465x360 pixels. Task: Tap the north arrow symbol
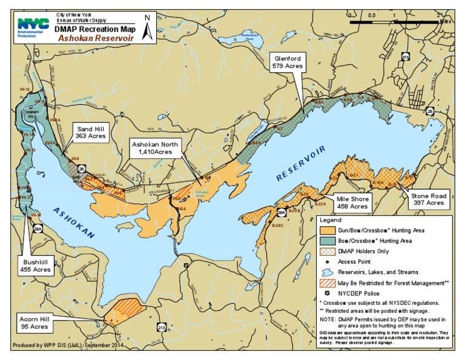(147, 28)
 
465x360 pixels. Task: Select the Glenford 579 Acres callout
(288, 61)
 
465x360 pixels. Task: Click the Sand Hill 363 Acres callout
(91, 133)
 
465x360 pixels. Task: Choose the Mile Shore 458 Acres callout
(352, 202)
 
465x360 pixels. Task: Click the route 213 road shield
(161, 327)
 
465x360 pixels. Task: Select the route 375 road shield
(405, 57)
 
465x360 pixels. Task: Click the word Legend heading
(331, 220)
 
